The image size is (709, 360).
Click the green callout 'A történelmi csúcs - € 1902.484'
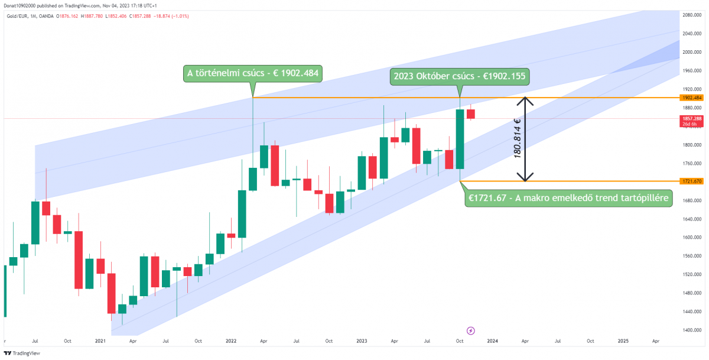click(252, 73)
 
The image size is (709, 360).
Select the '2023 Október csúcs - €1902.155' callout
click(459, 77)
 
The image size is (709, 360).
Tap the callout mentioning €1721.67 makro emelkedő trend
click(569, 198)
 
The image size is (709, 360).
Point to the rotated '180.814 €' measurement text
click(518, 138)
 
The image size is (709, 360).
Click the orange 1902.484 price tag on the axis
click(691, 98)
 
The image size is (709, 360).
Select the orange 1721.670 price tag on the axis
click(691, 181)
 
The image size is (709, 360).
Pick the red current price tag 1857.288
click(691, 118)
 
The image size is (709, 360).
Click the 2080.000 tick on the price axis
click(691, 15)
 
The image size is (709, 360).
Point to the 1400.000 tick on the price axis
click(691, 330)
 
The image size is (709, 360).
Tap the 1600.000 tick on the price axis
click(691, 237)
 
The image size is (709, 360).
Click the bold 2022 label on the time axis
click(231, 341)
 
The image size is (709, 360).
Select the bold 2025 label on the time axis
click(623, 341)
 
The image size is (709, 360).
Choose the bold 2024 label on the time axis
click(492, 341)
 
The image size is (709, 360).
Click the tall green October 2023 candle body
click(459, 139)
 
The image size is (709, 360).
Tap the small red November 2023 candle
click(471, 113)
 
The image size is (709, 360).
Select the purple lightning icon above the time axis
click(471, 330)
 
